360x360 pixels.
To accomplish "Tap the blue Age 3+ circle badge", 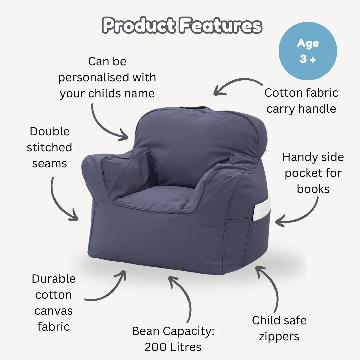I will tap(308, 51).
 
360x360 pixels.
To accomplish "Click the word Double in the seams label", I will tap(50, 131).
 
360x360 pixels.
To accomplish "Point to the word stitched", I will tap(49, 147).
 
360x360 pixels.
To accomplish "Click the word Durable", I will tap(54, 279).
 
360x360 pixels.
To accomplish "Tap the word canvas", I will tap(54, 311).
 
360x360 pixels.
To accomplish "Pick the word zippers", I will tap(279, 336).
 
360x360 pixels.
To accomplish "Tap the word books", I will tap(313, 189).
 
